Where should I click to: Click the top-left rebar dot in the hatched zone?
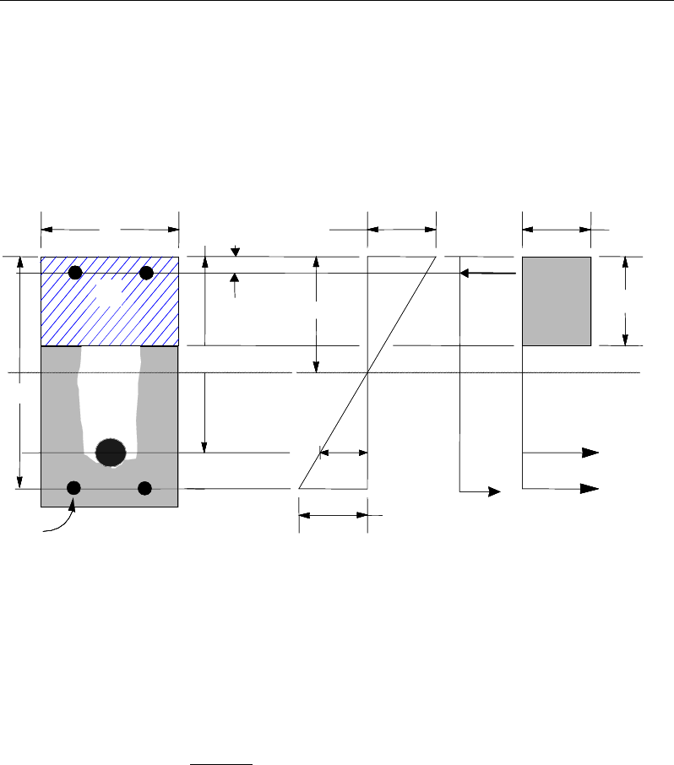pyautogui.click(x=75, y=272)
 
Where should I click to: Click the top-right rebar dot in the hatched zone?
pyautogui.click(x=146, y=272)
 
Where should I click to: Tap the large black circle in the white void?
pyautogui.click(x=110, y=453)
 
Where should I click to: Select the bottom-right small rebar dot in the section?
pyautogui.click(x=144, y=487)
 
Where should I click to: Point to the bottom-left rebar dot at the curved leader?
pyautogui.click(x=73, y=487)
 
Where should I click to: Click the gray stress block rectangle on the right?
pyautogui.click(x=556, y=301)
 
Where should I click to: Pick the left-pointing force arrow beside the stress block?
pyautogui.click(x=487, y=273)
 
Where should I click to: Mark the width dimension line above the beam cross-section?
pyautogui.click(x=110, y=228)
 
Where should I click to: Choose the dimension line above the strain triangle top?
pyautogui.click(x=401, y=228)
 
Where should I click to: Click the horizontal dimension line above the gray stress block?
pyautogui.click(x=556, y=228)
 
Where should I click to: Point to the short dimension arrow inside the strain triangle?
pyautogui.click(x=344, y=453)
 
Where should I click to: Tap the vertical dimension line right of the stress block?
pyautogui.click(x=625, y=301)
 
